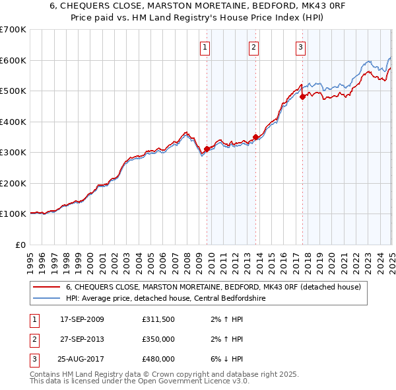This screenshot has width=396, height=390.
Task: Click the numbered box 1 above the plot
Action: tap(206, 47)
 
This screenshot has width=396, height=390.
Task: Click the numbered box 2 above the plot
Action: tap(254, 47)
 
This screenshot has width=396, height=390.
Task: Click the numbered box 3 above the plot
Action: tap(301, 47)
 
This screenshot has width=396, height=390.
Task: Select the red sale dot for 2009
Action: tap(207, 149)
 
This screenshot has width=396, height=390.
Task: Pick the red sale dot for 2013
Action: tap(255, 137)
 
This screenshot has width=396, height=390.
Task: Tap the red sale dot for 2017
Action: tap(302, 97)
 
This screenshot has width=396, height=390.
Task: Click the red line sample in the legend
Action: tap(46, 288)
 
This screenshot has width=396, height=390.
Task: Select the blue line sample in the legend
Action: tap(46, 298)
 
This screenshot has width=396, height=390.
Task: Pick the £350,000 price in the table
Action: tap(158, 339)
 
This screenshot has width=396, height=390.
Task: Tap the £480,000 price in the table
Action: tap(158, 359)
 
